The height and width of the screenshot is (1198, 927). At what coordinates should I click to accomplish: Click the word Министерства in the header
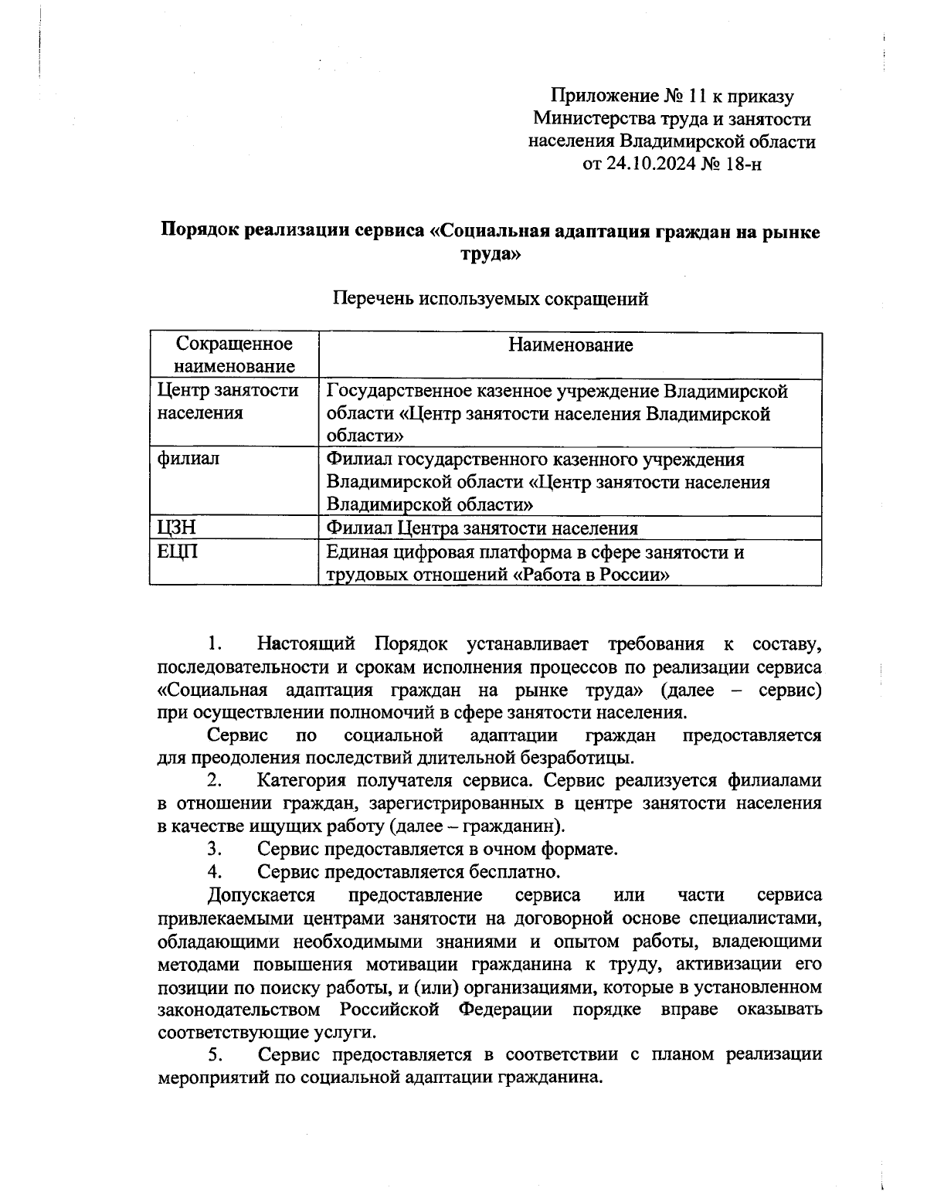[593, 119]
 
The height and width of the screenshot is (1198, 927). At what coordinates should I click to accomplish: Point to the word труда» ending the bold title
[491, 254]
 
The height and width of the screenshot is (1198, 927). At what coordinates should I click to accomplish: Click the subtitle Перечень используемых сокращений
[490, 299]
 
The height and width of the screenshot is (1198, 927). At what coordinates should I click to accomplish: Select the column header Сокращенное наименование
[234, 355]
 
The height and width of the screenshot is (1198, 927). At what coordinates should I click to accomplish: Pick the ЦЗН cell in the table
[175, 528]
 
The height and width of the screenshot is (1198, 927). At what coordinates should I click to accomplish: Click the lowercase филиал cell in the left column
[188, 459]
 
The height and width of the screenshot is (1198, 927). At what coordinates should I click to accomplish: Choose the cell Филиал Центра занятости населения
[482, 528]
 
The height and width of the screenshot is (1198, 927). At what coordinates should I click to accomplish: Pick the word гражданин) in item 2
[514, 826]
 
